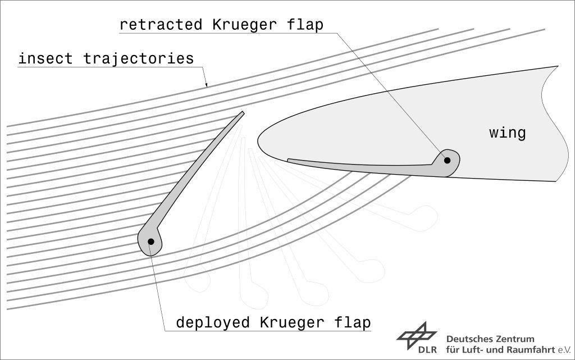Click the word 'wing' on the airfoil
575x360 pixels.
508,133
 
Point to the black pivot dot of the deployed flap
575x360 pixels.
150,241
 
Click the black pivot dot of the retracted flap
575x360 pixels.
448,160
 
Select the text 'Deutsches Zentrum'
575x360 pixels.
490,339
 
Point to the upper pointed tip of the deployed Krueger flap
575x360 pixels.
243,112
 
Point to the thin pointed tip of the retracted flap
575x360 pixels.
289,160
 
